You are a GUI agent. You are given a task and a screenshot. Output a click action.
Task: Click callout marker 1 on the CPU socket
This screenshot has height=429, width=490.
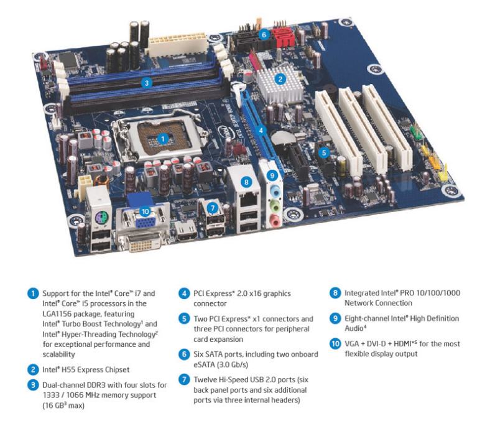(x=163, y=139)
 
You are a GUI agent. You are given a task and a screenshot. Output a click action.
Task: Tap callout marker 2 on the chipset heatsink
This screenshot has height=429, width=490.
(x=280, y=79)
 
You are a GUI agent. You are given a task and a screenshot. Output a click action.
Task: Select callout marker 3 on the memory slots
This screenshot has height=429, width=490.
(x=146, y=82)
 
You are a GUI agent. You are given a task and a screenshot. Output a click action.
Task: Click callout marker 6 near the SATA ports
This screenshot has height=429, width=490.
(x=264, y=35)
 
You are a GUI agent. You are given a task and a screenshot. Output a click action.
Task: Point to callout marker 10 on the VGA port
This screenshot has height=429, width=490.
(x=146, y=211)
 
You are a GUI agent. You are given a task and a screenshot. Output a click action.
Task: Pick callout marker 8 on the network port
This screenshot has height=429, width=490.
(x=247, y=182)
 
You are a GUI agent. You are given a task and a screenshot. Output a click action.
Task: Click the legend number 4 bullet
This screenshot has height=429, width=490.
(x=185, y=293)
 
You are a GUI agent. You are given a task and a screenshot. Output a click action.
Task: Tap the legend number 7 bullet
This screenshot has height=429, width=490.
(x=185, y=379)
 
